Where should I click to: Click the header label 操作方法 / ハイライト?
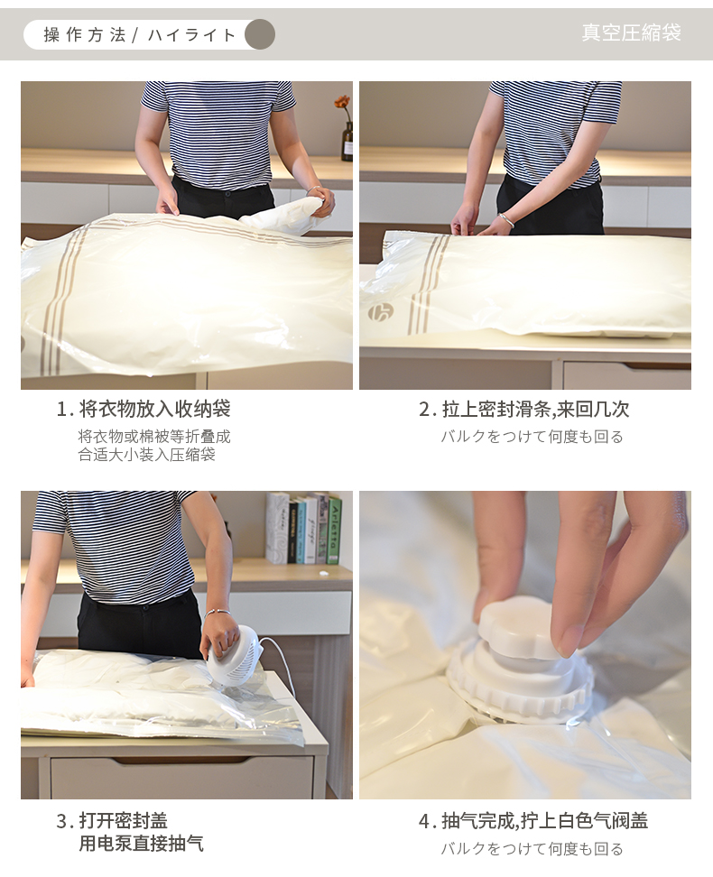pyautogui.click(x=140, y=34)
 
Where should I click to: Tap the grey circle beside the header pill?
pyautogui.click(x=260, y=34)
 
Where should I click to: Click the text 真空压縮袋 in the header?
pyautogui.click(x=631, y=32)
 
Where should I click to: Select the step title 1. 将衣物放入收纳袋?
pyautogui.click(x=144, y=409)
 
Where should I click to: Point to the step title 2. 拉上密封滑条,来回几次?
pyautogui.click(x=524, y=409)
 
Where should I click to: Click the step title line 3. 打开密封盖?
pyautogui.click(x=112, y=820)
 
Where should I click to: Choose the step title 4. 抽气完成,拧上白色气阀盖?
pyautogui.click(x=533, y=820)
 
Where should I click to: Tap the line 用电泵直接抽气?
pyautogui.click(x=141, y=843)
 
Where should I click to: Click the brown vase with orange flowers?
pyautogui.click(x=347, y=141)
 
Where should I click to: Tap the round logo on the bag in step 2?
pyautogui.click(x=381, y=311)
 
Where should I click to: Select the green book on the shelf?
pyautogui.click(x=334, y=530)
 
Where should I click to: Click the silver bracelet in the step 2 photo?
pyautogui.click(x=507, y=220)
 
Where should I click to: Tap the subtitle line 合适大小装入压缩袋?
pyautogui.click(x=146, y=454)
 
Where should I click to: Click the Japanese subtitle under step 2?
pyautogui.click(x=532, y=437)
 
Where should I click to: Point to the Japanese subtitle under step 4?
pyautogui.click(x=532, y=848)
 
